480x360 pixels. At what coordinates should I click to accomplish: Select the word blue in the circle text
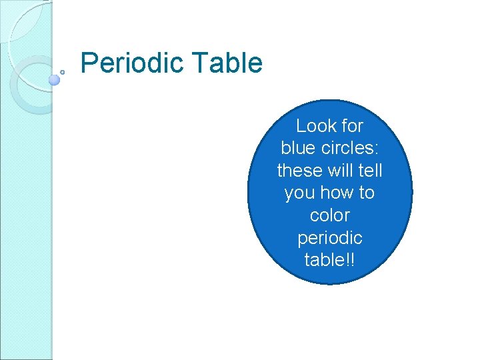point(299,148)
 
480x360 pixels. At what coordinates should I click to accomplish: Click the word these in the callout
point(299,171)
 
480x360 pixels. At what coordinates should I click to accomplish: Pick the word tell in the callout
point(369,171)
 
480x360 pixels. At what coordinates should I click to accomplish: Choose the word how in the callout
point(337,193)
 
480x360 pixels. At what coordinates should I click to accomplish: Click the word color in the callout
point(330,216)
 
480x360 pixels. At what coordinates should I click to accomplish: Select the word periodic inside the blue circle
point(330,238)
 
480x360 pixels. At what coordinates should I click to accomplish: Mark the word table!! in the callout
point(330,260)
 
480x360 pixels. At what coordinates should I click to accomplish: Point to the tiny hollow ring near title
point(62,71)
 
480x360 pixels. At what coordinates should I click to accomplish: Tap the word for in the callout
point(350,126)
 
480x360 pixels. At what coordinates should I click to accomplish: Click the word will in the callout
point(340,171)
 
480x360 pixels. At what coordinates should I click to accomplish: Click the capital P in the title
point(87,64)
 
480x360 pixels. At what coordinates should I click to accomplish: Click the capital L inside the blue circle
point(300,126)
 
